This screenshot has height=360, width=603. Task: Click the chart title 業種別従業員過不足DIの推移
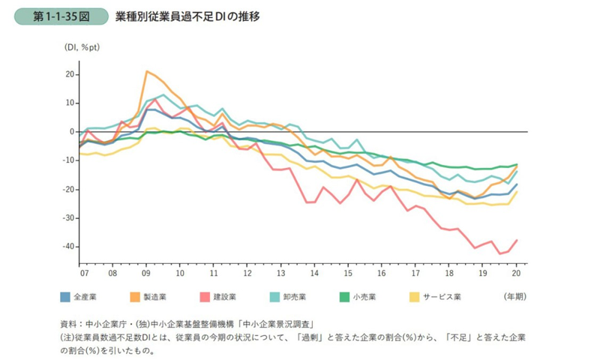(x=187, y=16)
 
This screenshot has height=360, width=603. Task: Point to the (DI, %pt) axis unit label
(x=82, y=47)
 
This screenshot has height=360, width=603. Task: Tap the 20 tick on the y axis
(x=69, y=74)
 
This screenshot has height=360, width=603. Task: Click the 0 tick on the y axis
(x=71, y=132)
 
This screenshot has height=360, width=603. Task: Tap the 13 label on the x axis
(x=280, y=274)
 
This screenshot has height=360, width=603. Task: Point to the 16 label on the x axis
(x=382, y=274)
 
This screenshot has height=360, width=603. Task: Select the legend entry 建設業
(x=232, y=297)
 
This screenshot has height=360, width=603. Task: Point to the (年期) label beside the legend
(x=515, y=297)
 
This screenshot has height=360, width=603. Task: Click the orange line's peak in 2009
(x=147, y=72)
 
